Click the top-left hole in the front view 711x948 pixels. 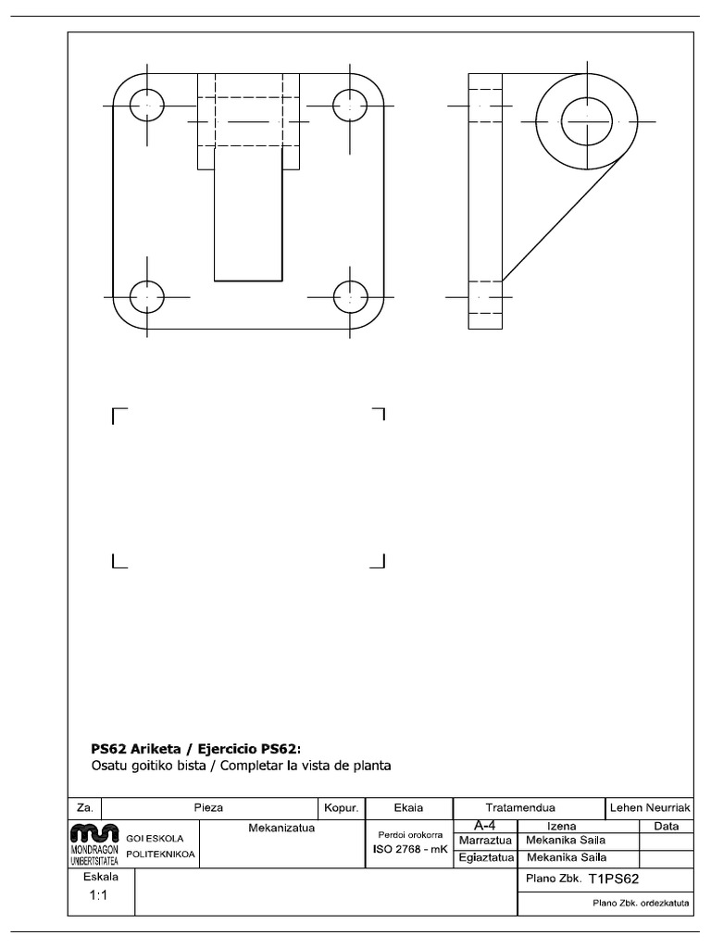(x=147, y=106)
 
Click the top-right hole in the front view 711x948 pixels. (x=350, y=106)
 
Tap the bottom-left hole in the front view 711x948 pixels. (x=147, y=297)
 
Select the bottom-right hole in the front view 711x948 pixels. (x=350, y=297)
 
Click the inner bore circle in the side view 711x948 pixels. (x=588, y=121)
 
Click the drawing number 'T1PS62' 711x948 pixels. (x=614, y=879)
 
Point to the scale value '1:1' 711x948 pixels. (x=100, y=894)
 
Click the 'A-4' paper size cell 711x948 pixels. (x=483, y=825)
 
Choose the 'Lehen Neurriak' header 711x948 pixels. (x=651, y=807)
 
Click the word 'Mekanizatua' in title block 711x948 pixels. (x=282, y=828)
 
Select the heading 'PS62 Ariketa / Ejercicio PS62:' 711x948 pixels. (x=195, y=748)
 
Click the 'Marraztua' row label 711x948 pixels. (x=484, y=841)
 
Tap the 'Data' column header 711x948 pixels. (x=667, y=826)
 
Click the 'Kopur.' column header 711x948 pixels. (x=342, y=807)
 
